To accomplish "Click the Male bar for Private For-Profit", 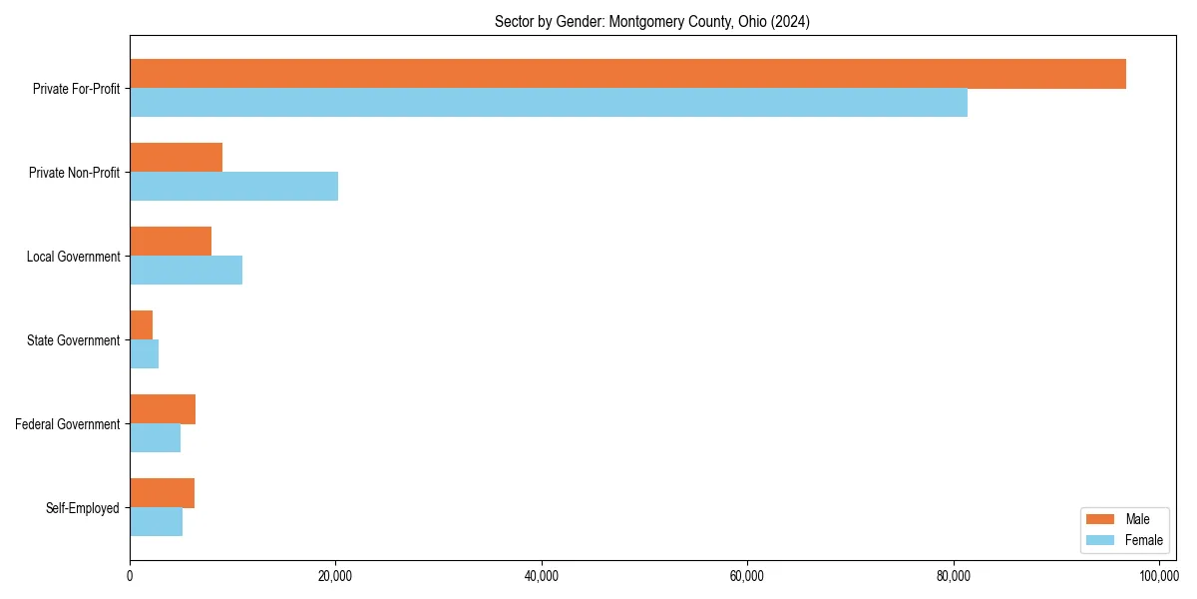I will (627, 74).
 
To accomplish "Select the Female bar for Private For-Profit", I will (549, 102).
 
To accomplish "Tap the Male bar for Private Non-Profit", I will (176, 158).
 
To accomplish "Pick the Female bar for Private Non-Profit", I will (233, 186).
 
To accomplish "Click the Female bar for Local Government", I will (186, 270).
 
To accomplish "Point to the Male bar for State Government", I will (142, 325).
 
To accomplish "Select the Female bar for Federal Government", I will (155, 437).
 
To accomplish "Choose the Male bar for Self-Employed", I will (162, 493).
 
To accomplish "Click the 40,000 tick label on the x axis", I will (542, 576).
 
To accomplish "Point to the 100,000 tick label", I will (1158, 576).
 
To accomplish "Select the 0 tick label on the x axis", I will (130, 576).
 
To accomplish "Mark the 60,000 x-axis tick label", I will (747, 576).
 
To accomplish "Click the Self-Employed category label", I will (83, 508).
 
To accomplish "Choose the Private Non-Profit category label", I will (74, 173).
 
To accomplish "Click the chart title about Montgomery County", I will (652, 22).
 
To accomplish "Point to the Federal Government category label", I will (68, 424).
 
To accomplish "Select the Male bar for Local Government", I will (171, 242).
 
